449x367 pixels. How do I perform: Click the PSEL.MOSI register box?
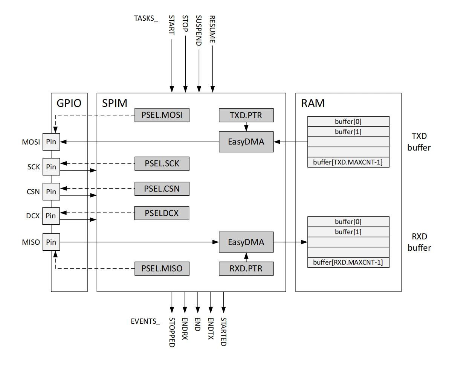coord(162,115)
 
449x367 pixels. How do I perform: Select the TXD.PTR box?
coord(246,115)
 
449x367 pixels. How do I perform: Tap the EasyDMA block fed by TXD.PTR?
coord(246,142)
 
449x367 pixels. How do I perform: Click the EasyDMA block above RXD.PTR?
coord(246,242)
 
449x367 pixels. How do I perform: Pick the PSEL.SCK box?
coord(162,164)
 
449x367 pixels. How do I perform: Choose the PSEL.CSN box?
coord(162,189)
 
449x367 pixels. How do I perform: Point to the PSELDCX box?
coord(162,213)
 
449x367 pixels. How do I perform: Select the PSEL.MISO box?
coord(162,269)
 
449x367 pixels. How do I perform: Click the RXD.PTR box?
coord(246,269)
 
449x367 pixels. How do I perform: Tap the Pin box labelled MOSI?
coord(50,142)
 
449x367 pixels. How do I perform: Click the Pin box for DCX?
coord(50,216)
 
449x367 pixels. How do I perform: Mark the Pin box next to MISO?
coord(50,242)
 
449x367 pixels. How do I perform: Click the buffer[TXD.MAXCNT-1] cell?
coord(348,162)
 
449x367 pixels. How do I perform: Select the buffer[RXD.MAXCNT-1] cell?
coord(348,262)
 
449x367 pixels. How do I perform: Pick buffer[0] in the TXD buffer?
coord(348,121)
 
